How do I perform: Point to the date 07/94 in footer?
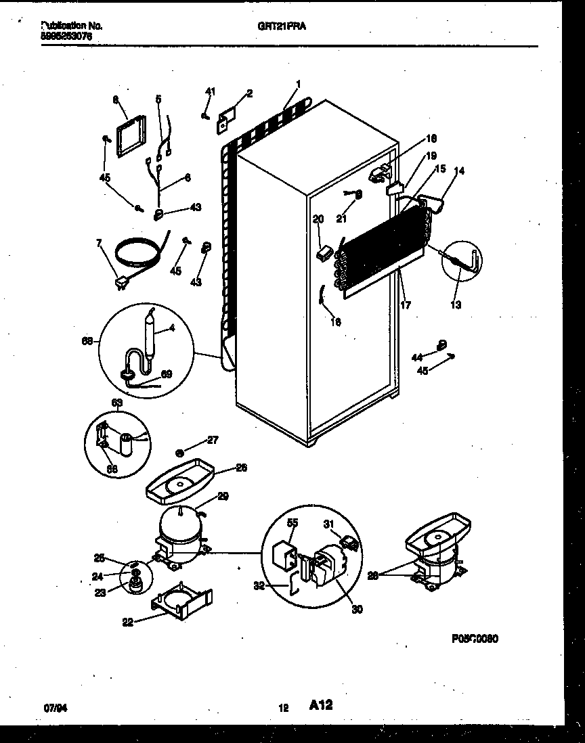tap(54, 708)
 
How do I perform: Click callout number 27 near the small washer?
tap(212, 440)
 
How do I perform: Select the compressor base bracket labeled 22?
tap(179, 602)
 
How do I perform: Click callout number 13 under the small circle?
tap(456, 305)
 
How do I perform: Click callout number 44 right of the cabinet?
tap(418, 357)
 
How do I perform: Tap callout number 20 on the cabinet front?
tap(318, 219)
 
